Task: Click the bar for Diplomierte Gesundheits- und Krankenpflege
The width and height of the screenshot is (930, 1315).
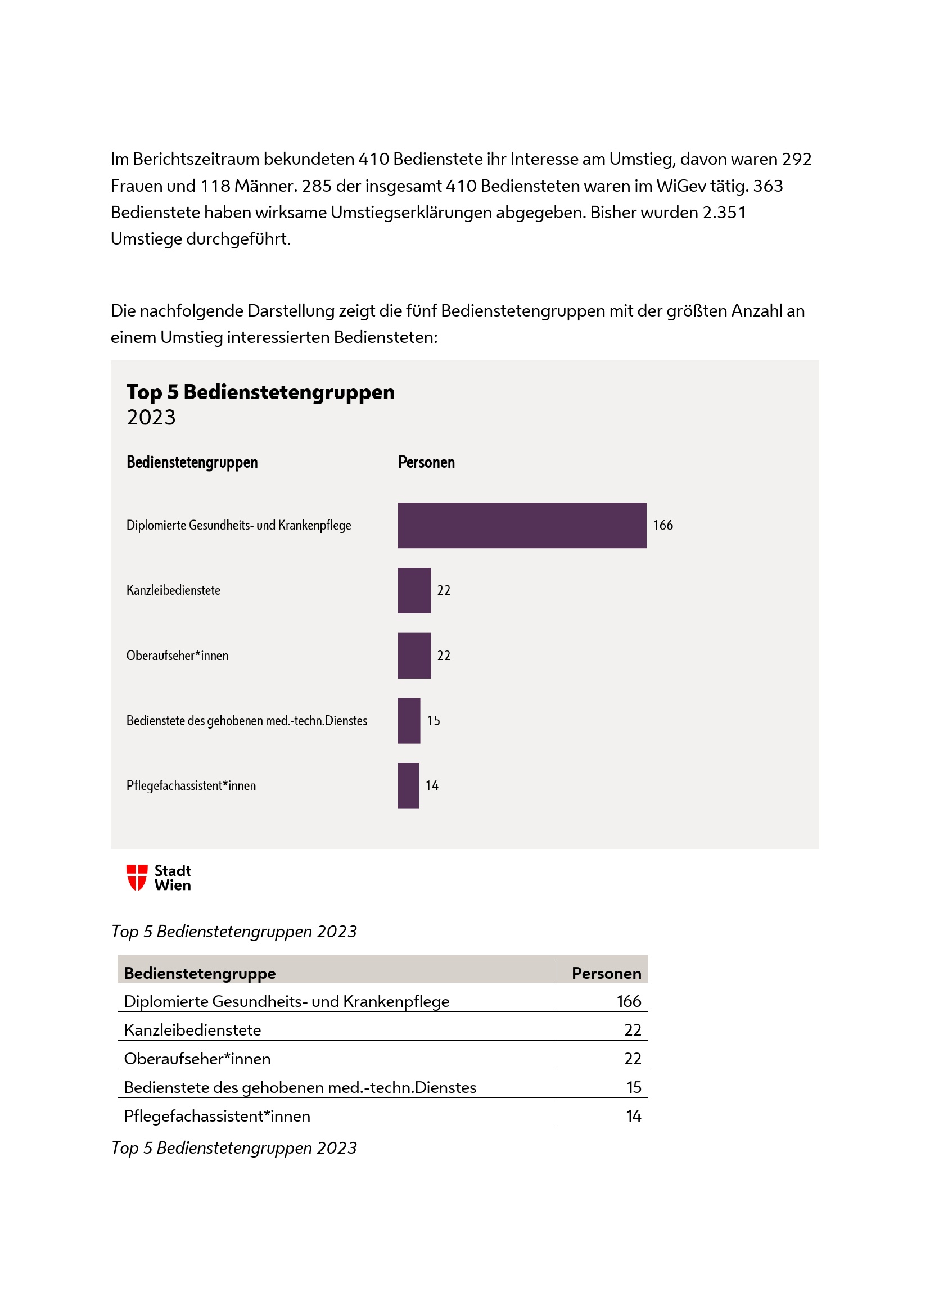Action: coord(522,525)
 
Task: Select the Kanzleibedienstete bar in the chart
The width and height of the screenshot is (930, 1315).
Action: coord(414,590)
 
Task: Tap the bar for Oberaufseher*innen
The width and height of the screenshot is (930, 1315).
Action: coord(414,656)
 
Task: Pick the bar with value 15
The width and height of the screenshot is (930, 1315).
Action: coord(409,721)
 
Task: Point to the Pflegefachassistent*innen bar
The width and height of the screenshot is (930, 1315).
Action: coord(408,786)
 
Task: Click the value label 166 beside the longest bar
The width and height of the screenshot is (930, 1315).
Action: coord(662,525)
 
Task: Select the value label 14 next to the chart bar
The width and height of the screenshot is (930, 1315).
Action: coord(432,786)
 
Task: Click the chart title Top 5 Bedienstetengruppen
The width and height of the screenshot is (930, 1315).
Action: coord(260,392)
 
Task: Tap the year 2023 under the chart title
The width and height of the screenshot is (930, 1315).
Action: coord(151,418)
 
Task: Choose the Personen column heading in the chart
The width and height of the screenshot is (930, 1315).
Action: coord(426,462)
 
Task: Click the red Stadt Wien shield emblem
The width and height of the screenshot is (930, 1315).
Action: coord(137,878)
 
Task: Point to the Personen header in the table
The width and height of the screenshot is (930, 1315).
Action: coord(606,973)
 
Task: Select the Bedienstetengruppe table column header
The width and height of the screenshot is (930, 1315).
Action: coord(200,973)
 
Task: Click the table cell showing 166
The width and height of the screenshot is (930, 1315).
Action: coord(628,1001)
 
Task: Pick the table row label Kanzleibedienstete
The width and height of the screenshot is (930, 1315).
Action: coord(192,1030)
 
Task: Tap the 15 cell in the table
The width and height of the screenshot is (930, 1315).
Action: coord(633,1087)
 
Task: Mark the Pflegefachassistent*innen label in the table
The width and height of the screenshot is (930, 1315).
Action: coord(217,1115)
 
